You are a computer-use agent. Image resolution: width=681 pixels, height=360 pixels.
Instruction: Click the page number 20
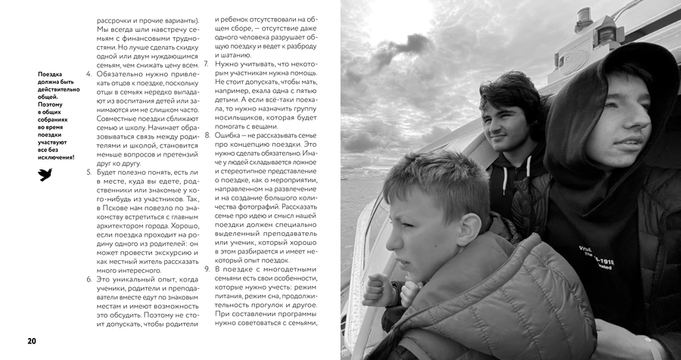[x=32, y=340]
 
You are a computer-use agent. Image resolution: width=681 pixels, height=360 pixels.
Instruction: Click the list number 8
[x=207, y=134]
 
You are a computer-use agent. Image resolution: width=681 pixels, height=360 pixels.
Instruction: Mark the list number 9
[x=207, y=269]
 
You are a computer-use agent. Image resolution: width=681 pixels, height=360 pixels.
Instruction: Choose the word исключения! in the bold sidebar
[x=58, y=157]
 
